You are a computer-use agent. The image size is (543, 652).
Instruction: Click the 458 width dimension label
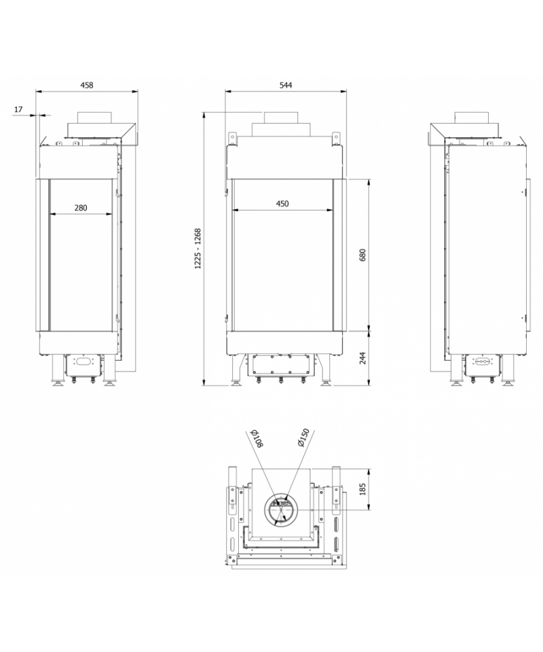pos(86,86)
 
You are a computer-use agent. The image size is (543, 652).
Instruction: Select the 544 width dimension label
pos(286,86)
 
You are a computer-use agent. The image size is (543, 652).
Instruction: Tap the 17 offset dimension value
pos(19,109)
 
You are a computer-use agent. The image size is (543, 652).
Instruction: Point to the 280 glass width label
pos(81,208)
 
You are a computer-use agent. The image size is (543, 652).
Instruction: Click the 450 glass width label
pos(282,204)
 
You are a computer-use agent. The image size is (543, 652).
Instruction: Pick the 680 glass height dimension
pos(362,255)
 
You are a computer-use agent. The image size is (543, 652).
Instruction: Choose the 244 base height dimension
pos(362,358)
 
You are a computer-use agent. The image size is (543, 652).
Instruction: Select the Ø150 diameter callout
pos(303,438)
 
